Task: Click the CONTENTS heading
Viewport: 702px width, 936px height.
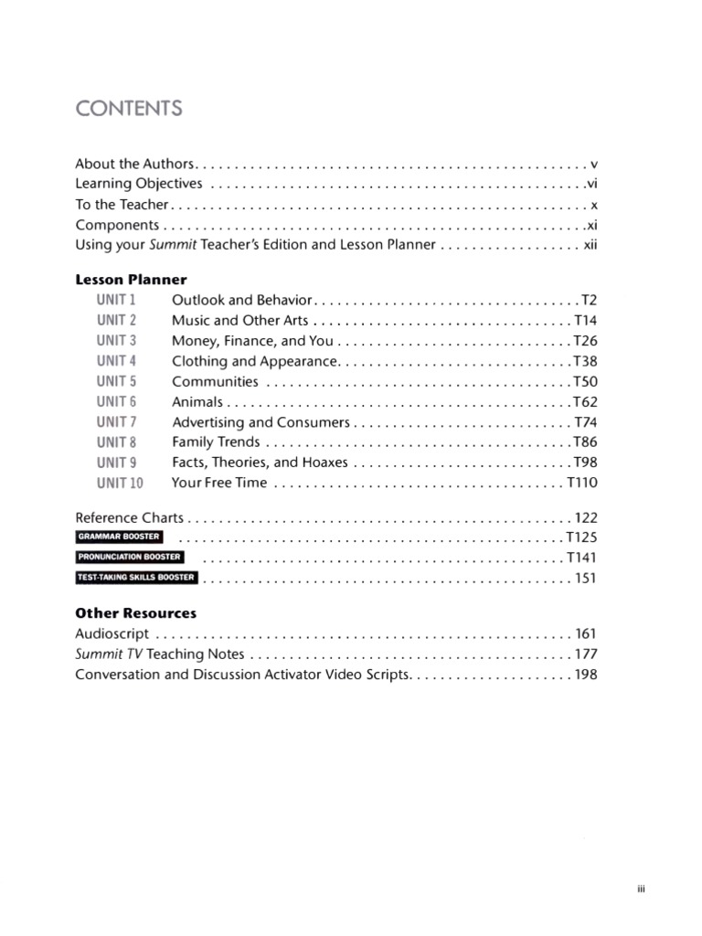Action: (129, 109)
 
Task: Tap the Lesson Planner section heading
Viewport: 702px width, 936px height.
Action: (131, 280)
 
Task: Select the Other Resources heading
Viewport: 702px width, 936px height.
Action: (135, 613)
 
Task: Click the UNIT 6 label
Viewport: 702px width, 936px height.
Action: (116, 402)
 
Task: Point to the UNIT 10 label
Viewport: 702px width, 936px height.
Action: (120, 483)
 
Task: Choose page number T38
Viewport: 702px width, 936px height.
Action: (585, 361)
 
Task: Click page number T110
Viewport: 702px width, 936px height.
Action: (582, 483)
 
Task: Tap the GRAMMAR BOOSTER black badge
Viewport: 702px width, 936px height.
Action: (119, 537)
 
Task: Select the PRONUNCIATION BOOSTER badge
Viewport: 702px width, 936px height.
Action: (130, 557)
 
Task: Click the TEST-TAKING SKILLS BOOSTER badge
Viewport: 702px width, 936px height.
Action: (136, 577)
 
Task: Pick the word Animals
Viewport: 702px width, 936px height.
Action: (197, 402)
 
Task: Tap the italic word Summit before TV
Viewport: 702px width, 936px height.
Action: (94, 654)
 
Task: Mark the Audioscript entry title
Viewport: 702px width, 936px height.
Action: (112, 633)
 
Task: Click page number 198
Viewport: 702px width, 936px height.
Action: (586, 675)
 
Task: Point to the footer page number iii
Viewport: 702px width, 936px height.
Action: (642, 889)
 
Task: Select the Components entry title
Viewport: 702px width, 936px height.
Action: (117, 225)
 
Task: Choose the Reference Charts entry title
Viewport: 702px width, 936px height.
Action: (129, 517)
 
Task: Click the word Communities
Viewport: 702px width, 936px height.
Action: (215, 382)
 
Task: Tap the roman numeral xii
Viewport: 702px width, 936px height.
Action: (590, 245)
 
